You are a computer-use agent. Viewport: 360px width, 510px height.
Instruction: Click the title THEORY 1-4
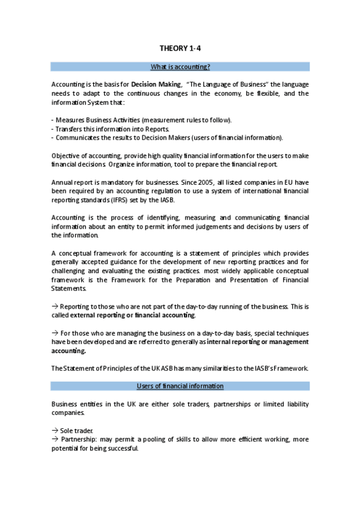pyautogui.click(x=180, y=48)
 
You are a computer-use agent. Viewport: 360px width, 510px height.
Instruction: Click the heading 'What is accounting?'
pyautogui.click(x=180, y=67)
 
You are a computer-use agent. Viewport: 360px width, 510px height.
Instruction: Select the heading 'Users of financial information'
pyautogui.click(x=180, y=386)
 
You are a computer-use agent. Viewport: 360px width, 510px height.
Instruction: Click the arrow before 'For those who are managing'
pyautogui.click(x=55, y=333)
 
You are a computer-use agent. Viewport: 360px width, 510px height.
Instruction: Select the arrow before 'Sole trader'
pyautogui.click(x=55, y=431)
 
